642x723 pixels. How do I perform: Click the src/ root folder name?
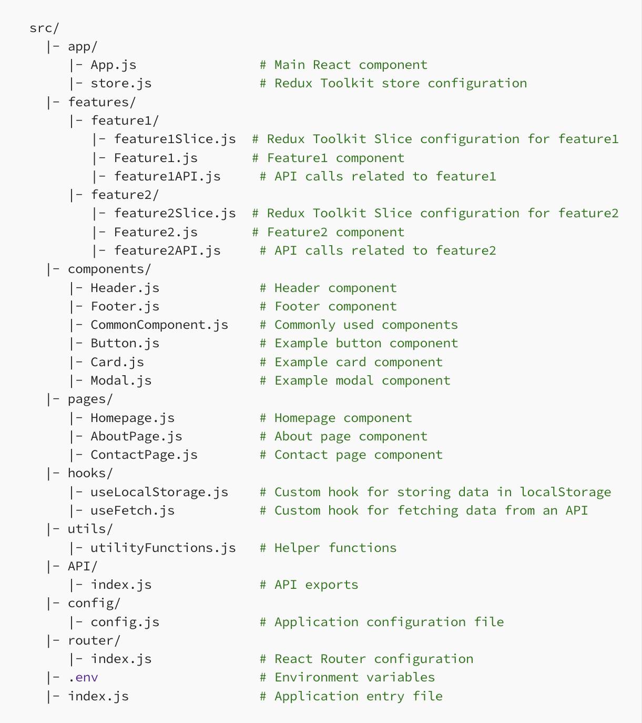(x=44, y=28)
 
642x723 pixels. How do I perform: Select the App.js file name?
(x=113, y=65)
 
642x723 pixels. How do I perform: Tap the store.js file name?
(x=121, y=83)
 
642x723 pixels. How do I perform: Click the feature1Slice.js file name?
(x=175, y=139)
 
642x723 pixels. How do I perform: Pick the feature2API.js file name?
(x=167, y=250)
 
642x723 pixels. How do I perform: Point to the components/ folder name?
(x=109, y=269)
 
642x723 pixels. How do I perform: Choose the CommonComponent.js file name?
(x=159, y=325)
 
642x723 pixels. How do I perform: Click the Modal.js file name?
(x=121, y=380)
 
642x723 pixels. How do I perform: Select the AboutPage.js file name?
(x=136, y=436)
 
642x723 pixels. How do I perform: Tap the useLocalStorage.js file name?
(x=159, y=492)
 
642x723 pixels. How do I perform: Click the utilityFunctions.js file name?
(x=163, y=548)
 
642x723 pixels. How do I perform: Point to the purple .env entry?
(x=83, y=677)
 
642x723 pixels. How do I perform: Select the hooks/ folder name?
(x=90, y=473)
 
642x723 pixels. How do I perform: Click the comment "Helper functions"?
(x=335, y=548)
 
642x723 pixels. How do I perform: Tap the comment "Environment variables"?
(x=354, y=677)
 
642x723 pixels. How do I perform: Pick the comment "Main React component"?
(x=350, y=65)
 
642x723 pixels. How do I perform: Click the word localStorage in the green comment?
(x=565, y=492)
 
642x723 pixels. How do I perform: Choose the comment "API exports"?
(x=316, y=585)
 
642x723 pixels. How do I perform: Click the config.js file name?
(x=125, y=622)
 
